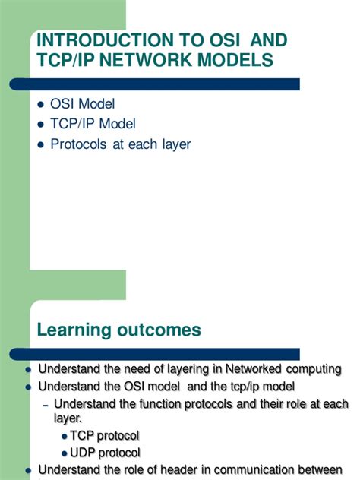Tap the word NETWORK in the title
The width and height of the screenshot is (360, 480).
click(169, 61)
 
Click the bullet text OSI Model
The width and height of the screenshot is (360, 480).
click(82, 103)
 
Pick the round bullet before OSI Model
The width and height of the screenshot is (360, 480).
click(42, 104)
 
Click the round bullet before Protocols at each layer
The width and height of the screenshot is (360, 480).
click(42, 144)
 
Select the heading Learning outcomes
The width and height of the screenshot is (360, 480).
click(119, 330)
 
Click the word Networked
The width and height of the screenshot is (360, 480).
click(256, 370)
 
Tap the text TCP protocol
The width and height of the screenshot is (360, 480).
click(105, 436)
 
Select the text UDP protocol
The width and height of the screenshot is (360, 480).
click(105, 453)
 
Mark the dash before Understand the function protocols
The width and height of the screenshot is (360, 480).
click(45, 403)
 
